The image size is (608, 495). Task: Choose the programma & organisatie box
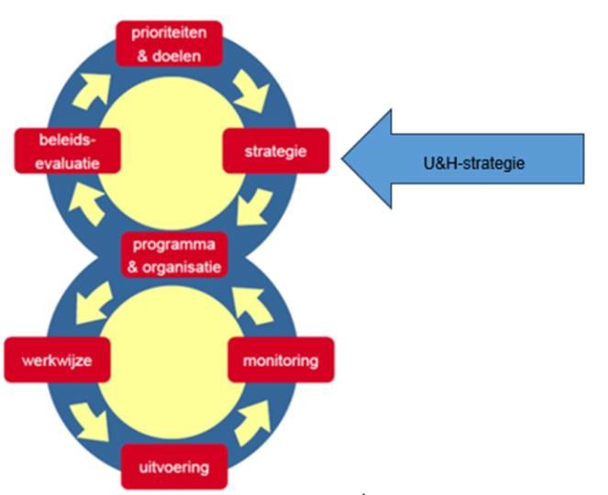(x=173, y=256)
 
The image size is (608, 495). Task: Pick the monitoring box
(x=281, y=360)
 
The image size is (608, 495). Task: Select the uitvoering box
(x=173, y=467)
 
